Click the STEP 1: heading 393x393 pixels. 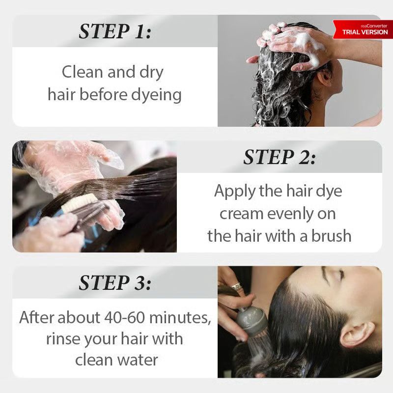pos(115,31)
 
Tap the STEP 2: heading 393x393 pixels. pos(280,157)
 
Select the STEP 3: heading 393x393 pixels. pos(115,283)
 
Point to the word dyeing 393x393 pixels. pos(156,95)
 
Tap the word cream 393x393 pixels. pos(241,214)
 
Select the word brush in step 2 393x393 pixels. pos(331,236)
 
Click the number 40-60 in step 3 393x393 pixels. pos(125,317)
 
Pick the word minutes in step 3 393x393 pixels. pos(180,318)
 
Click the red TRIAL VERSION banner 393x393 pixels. pos(363,29)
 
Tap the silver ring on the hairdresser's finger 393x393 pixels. pos(237,286)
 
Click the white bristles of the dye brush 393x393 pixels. pos(79,202)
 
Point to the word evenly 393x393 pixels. pos(286,215)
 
